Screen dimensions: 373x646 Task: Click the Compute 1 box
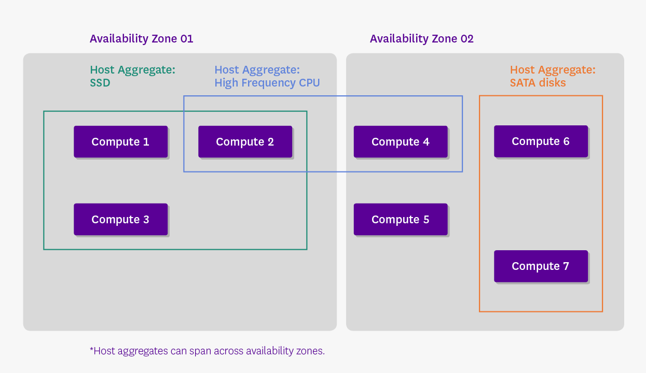(x=120, y=141)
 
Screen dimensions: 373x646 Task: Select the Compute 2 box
(x=245, y=141)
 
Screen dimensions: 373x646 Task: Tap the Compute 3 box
(x=120, y=219)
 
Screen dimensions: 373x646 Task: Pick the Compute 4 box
(x=401, y=141)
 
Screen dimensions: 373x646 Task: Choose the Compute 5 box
(x=401, y=219)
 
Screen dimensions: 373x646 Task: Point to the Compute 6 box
(x=541, y=141)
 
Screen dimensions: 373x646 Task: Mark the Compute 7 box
(x=541, y=266)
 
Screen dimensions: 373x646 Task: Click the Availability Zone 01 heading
(x=141, y=39)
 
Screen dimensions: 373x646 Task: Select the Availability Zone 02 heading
(x=421, y=39)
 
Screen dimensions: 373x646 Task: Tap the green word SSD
(x=100, y=83)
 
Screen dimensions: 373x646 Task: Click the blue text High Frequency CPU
(x=267, y=83)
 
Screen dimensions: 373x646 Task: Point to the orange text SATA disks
(x=538, y=83)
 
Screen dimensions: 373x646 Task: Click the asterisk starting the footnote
(x=91, y=350)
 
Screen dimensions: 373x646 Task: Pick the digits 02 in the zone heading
(x=466, y=39)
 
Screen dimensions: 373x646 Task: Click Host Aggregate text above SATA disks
(x=552, y=70)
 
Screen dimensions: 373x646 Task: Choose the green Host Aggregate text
(x=132, y=70)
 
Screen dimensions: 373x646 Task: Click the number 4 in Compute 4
(x=426, y=142)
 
